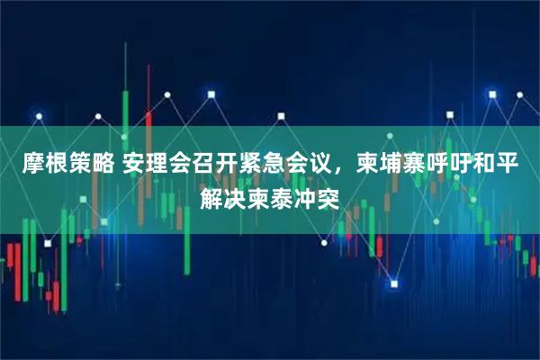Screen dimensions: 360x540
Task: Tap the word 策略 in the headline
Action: click(86, 166)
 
